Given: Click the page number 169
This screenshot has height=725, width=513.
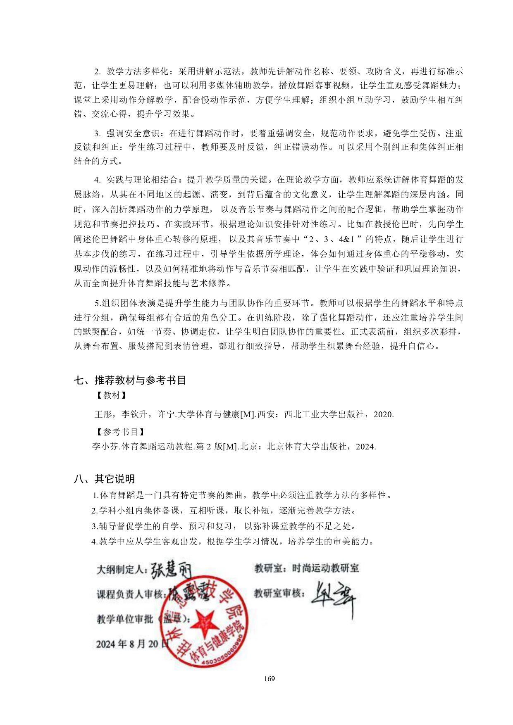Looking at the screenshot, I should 269,678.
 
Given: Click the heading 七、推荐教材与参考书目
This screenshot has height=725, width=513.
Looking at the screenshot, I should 130,380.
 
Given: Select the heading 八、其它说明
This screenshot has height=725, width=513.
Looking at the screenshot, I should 104,479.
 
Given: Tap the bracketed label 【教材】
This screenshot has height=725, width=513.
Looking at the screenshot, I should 111,395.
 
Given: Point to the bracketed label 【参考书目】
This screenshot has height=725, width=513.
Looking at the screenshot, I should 120,432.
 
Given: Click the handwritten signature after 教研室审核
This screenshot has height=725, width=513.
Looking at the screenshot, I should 333,597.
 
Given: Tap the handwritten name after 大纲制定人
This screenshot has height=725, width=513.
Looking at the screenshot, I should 170,570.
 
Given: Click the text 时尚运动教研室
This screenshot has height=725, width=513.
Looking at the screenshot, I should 325,568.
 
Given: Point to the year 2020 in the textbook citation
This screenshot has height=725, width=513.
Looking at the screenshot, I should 383,414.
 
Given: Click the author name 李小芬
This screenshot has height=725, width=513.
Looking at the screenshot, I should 105,447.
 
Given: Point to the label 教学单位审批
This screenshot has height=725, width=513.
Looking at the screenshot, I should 125,619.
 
